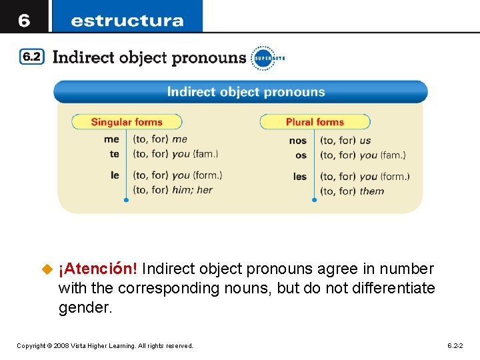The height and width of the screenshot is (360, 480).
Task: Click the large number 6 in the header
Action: coord(24,20)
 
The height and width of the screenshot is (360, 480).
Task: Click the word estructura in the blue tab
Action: coord(127,21)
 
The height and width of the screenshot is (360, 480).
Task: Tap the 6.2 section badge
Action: coord(32,57)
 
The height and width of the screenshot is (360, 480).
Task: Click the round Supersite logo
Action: coord(262,58)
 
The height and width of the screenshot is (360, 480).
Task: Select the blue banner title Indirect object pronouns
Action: coord(245,92)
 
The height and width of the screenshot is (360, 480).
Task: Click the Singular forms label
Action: coord(127,122)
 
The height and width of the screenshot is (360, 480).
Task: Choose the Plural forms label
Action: coord(315,122)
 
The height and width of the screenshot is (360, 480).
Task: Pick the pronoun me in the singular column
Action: coord(111,139)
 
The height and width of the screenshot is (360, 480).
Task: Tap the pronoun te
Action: coord(115,154)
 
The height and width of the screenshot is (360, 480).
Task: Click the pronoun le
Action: coord(115,175)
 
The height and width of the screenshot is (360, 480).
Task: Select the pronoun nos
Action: coord(298,140)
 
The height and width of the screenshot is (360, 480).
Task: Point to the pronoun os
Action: coord(301,155)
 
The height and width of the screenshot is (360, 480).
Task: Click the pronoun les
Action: coord(300,177)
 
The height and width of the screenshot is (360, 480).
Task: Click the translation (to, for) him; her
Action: coord(173,190)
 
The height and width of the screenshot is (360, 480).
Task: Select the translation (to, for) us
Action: coord(345,141)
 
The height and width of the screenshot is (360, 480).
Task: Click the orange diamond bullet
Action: coord(47,269)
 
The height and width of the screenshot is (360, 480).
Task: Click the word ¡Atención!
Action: coord(98,269)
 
